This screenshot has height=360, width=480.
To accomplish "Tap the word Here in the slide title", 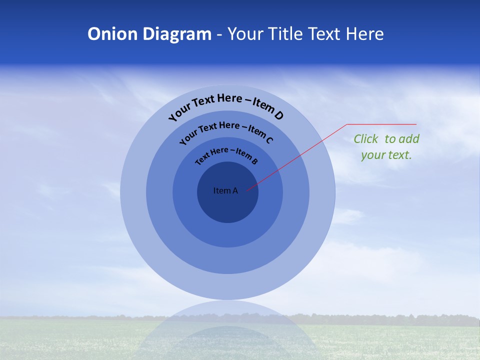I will point(364,34).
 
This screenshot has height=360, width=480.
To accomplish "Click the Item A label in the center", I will point(225,190).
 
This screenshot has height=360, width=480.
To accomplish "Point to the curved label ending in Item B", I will point(226,154).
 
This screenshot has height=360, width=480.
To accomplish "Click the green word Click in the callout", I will point(366,139).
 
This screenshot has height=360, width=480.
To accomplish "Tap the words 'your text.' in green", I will point(386,155).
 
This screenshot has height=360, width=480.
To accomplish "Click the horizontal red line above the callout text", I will point(381,124).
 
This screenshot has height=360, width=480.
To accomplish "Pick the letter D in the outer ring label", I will point(279,116).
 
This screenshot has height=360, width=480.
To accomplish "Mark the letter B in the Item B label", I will point(254,161).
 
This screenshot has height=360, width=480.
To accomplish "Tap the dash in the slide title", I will point(219,34).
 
